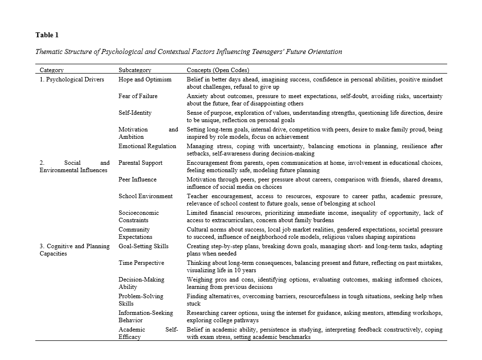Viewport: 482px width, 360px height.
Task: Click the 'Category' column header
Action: [x=51, y=71]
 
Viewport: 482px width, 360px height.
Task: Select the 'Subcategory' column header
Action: [x=135, y=71]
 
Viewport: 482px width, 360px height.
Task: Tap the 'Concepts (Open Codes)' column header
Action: [x=218, y=71]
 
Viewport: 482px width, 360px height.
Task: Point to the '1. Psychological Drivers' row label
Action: [x=72, y=79]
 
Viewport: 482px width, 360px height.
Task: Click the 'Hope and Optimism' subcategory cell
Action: [x=145, y=79]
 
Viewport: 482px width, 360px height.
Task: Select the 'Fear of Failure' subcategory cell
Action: [x=138, y=96]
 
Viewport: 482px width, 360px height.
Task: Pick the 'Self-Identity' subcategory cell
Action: [x=135, y=113]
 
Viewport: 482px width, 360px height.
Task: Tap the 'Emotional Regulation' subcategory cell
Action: [x=147, y=146]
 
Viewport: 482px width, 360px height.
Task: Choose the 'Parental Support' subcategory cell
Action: [x=140, y=163]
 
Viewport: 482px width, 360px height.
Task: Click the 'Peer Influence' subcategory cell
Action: [x=138, y=180]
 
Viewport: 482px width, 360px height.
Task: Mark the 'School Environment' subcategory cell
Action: [x=146, y=196]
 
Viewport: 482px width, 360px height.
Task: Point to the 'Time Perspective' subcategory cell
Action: [x=141, y=263]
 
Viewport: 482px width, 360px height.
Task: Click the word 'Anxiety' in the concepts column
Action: [x=197, y=96]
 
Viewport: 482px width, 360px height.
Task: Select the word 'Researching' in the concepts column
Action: [x=203, y=313]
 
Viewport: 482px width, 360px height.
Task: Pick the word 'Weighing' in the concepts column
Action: [x=199, y=280]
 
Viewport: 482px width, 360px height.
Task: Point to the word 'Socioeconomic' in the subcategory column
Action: [x=139, y=213]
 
